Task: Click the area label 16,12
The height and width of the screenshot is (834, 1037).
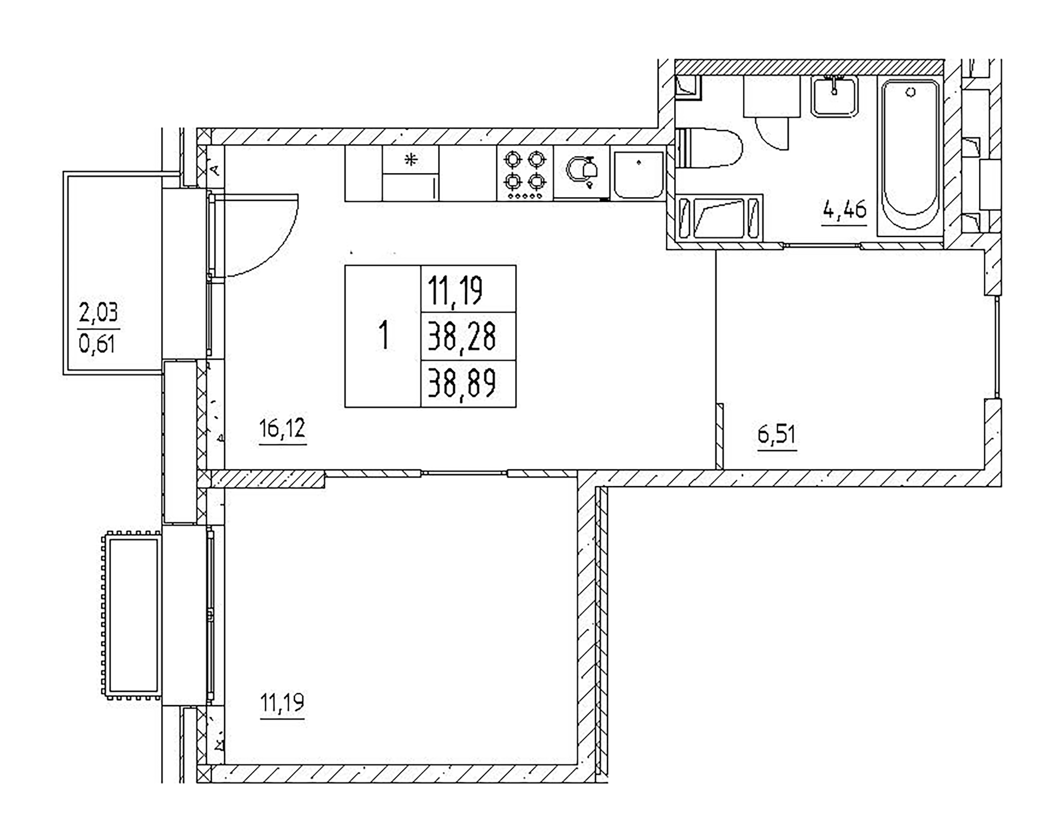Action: (282, 428)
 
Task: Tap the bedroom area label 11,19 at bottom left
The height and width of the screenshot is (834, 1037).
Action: (282, 703)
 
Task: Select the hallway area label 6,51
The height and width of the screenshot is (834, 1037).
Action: (776, 435)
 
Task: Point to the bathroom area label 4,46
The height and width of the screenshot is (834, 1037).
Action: (844, 210)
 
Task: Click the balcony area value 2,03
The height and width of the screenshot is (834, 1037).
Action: (99, 313)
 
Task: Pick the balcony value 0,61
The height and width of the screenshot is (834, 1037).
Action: (97, 343)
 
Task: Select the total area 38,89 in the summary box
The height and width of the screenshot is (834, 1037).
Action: (461, 383)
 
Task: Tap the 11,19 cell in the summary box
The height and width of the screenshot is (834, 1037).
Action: (455, 290)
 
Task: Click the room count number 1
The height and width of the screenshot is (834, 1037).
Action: (383, 336)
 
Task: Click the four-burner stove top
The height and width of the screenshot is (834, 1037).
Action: (525, 173)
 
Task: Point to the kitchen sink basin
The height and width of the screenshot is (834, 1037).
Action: (638, 175)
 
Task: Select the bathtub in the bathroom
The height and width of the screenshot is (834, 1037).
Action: (910, 155)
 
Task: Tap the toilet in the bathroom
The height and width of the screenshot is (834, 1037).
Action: (711, 148)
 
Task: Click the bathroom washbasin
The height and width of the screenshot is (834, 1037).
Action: (835, 97)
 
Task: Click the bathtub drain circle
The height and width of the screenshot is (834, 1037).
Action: (911, 92)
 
